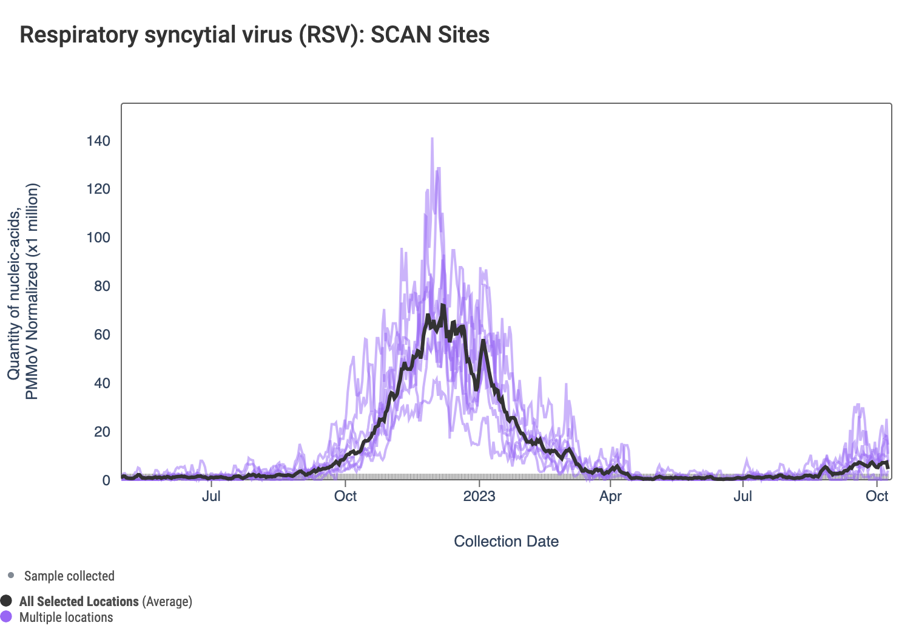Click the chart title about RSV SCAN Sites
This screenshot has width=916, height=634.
[255, 35]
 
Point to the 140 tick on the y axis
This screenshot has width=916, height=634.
[98, 141]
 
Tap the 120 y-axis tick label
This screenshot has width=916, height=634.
[98, 189]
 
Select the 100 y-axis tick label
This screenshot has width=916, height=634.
[98, 237]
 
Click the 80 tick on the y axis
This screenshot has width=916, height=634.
[102, 286]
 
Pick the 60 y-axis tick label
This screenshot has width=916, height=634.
[102, 335]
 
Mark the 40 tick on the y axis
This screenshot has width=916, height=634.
[102, 383]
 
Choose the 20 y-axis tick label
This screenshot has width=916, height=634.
[102, 432]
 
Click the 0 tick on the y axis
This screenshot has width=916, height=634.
[106, 480]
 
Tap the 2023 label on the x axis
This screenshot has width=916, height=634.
[479, 496]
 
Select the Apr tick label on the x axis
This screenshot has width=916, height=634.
[610, 496]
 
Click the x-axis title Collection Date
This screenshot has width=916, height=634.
[506, 541]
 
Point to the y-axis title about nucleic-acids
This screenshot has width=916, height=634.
[23, 291]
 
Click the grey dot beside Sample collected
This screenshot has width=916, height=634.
[11, 575]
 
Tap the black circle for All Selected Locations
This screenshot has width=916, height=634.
[7, 601]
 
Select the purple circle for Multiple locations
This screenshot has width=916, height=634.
[7, 617]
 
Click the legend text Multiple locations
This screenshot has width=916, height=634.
[66, 617]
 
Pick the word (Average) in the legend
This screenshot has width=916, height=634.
[167, 601]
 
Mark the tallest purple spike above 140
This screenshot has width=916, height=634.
[432, 139]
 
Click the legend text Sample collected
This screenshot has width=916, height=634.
[69, 576]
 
